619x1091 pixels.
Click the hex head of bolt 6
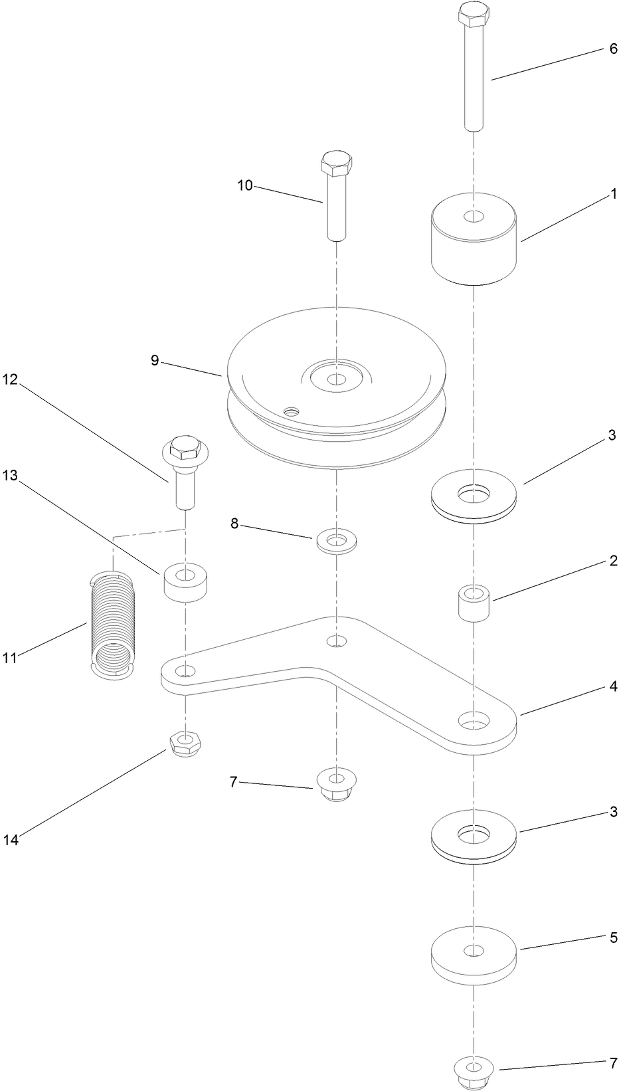473,14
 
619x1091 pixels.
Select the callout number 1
614,194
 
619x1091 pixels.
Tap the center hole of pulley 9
337,380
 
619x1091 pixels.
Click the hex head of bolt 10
337,162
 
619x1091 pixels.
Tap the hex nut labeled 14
186,744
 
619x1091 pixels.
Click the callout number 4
614,686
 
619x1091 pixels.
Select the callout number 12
11,380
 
